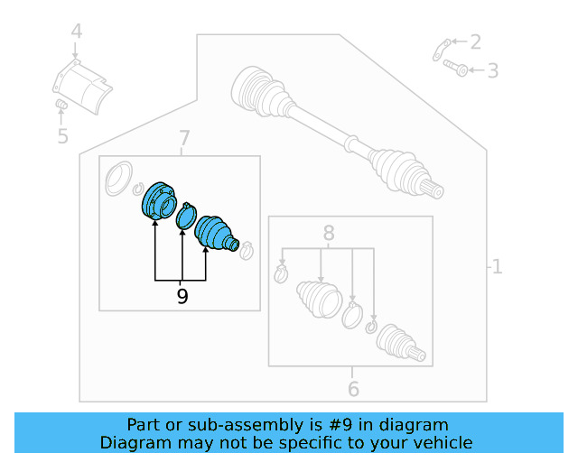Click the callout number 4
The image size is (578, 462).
tap(77, 32)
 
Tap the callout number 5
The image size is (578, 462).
tap(62, 136)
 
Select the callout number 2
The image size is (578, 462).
tap(475, 41)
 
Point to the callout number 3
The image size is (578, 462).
tap(492, 69)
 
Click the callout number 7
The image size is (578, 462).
tap(183, 138)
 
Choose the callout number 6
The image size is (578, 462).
tap(353, 389)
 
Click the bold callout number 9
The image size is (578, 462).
tap(182, 296)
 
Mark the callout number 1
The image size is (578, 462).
tap(496, 266)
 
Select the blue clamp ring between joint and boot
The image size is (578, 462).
tap(186, 216)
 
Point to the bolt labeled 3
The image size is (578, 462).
tap(456, 67)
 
